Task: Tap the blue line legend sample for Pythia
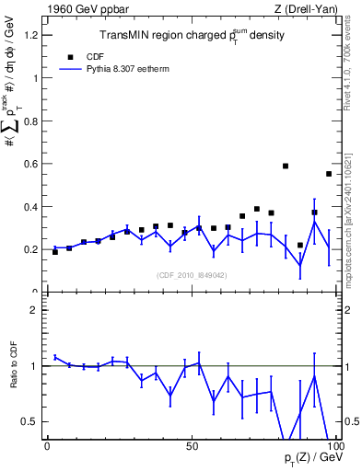[70, 68]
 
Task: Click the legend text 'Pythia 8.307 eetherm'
[125, 68]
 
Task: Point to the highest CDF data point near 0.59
[286, 167]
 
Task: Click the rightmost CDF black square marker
[329, 174]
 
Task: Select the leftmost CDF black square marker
[55, 252]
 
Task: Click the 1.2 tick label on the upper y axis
[30, 35]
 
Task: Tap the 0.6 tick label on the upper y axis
[30, 164]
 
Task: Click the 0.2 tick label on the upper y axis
[30, 249]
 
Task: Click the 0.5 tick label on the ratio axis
[30, 421]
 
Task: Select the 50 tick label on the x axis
[192, 446]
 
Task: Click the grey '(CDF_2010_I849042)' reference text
[193, 275]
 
